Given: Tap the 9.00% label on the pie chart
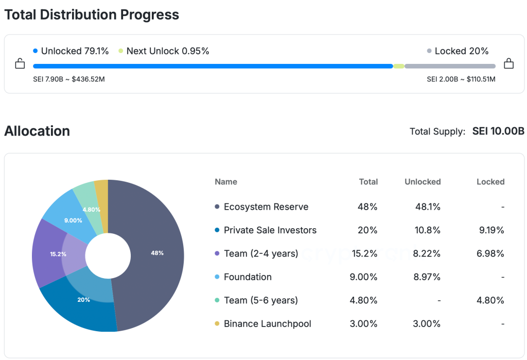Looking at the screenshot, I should click(x=73, y=220).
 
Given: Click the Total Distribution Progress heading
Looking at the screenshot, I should click(x=92, y=14).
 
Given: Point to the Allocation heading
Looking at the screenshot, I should click(x=37, y=131).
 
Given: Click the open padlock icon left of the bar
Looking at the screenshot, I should click(x=20, y=64).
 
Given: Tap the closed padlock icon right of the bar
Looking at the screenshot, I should click(x=508, y=63).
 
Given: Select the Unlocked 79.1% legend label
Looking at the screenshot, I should click(x=75, y=51).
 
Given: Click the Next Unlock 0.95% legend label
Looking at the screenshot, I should click(x=167, y=51).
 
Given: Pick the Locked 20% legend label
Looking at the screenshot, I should click(x=461, y=51).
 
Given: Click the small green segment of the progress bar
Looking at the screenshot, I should click(x=399, y=66).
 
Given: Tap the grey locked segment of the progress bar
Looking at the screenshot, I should click(x=450, y=66).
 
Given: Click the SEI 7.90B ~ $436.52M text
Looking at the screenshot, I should click(x=69, y=79).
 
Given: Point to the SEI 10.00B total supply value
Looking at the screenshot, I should click(x=498, y=131).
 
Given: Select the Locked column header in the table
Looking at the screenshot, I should click(x=490, y=182).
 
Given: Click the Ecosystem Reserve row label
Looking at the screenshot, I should click(x=266, y=207).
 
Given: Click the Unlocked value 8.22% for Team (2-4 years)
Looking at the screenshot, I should click(x=428, y=253).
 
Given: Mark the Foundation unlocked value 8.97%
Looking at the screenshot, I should click(x=428, y=277).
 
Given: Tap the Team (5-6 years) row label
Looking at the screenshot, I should click(x=260, y=300).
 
